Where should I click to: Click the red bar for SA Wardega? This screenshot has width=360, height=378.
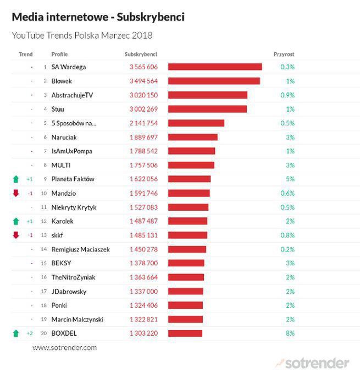tap(214, 67)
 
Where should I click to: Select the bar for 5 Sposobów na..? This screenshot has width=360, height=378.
tap(196, 123)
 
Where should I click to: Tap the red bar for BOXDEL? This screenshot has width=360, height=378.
tap(185, 333)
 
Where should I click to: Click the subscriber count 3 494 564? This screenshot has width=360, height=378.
tap(143, 81)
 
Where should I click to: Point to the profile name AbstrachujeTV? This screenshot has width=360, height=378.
tap(72, 95)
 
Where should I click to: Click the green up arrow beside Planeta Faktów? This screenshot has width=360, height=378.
tap(16, 179)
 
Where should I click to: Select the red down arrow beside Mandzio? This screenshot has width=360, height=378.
tap(16, 193)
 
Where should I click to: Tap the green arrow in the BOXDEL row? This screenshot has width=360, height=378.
tap(16, 333)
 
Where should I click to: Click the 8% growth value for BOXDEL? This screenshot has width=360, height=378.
tap(290, 333)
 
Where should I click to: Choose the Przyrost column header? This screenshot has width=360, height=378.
tap(284, 54)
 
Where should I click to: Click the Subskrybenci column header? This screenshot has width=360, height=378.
tap(141, 54)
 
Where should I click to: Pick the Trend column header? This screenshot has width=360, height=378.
tap(25, 54)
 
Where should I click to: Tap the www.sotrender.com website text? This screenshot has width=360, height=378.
tap(64, 348)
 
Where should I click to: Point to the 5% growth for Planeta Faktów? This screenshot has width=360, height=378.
tap(290, 179)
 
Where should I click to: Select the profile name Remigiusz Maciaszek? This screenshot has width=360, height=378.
tap(80, 249)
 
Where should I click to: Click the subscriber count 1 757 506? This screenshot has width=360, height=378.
tap(143, 165)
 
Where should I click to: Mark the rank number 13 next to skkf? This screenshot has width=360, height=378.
tap(43, 235)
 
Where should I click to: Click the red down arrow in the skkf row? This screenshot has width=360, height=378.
tap(16, 235)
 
